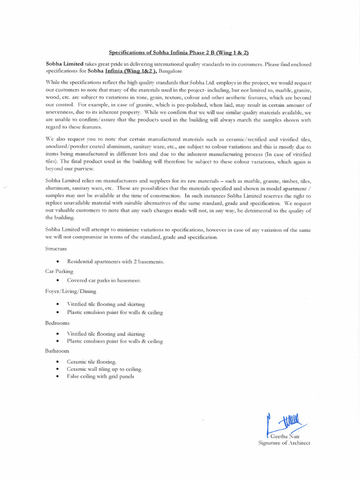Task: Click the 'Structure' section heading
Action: pos(56,248)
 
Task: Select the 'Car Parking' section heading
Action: pos(59,271)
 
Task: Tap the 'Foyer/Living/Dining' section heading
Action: pos(71,291)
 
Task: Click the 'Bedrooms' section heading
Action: pos(57,323)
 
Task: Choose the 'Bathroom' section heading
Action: pos(57,351)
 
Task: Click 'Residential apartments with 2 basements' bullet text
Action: pos(115,261)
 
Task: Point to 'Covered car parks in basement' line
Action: pos(104,280)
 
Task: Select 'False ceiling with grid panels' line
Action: pos(100,376)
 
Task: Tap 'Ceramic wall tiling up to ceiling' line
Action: pos(104,369)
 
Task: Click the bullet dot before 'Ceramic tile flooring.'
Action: pos(57,362)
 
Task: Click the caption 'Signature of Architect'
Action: pos(284,443)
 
